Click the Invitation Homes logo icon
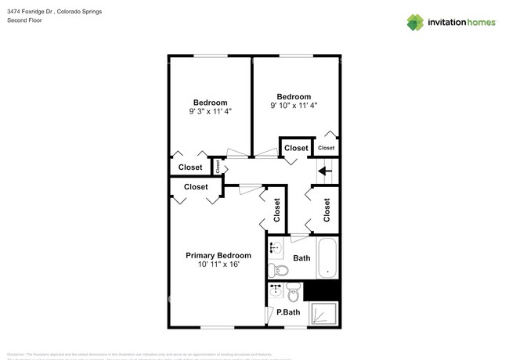415,21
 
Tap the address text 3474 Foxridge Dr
31,12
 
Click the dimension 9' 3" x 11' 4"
211,112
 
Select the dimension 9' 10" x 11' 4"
294,106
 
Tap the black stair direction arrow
325,169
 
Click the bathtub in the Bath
328,259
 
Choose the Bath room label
301,258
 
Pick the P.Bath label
288,313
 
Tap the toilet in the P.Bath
294,293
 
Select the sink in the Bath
276,250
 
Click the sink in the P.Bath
275,291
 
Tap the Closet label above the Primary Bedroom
196,187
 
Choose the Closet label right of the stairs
327,210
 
